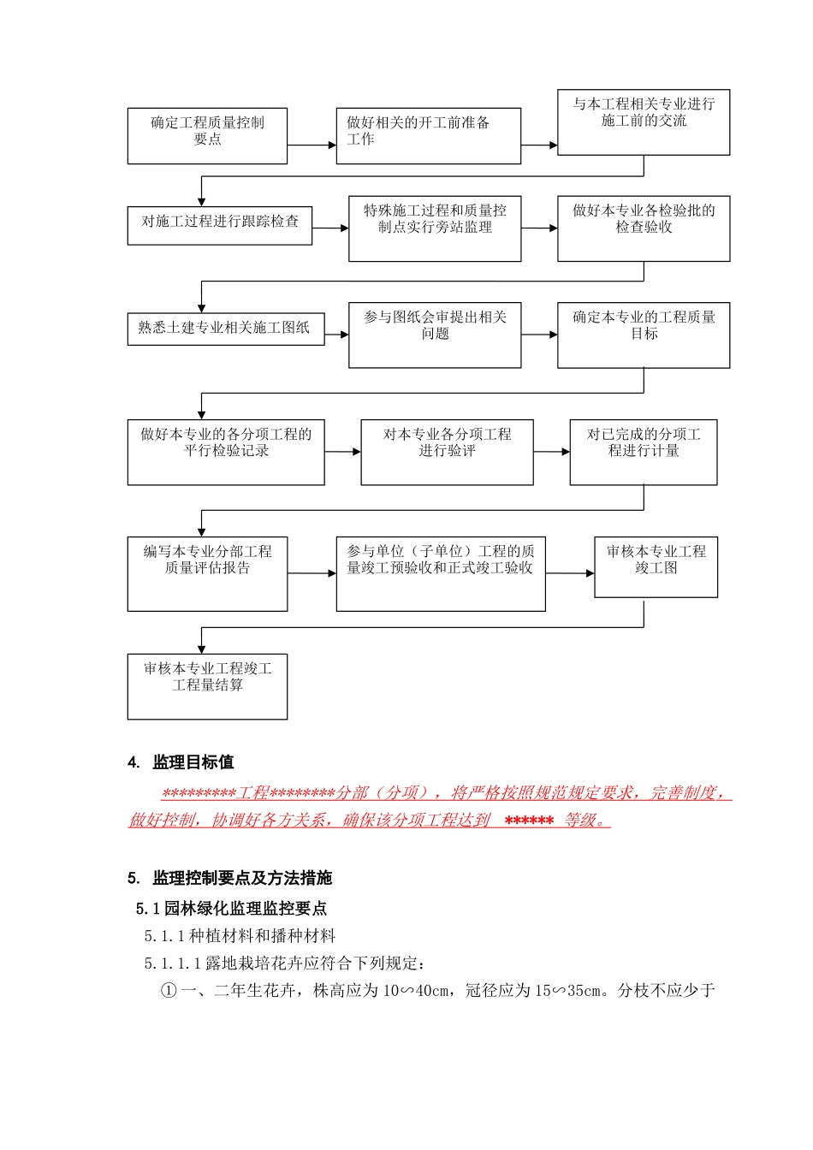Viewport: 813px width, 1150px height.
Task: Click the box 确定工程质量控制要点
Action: click(207, 135)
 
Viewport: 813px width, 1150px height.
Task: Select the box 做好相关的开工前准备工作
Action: click(428, 135)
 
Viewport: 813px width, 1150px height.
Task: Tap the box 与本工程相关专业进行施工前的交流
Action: click(644, 122)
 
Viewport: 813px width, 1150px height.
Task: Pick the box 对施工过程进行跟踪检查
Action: click(220, 225)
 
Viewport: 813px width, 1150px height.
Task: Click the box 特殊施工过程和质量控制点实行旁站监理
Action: click(435, 228)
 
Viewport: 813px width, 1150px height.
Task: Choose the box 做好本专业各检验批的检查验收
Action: click(644, 228)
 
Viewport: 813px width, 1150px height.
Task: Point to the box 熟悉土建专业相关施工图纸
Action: click(226, 329)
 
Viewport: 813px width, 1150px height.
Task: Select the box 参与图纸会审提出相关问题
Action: click(435, 335)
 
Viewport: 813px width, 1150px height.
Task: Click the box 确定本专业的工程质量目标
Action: click(644, 335)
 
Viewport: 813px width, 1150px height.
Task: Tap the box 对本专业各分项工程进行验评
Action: click(447, 452)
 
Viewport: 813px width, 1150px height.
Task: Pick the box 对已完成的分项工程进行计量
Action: click(644, 452)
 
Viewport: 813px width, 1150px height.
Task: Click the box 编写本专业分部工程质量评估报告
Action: click(207, 573)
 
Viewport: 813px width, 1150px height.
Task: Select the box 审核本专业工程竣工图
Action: click(656, 566)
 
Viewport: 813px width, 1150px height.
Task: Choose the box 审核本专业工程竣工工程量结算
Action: click(207, 686)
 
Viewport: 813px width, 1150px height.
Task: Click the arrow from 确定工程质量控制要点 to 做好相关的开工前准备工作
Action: click(312, 145)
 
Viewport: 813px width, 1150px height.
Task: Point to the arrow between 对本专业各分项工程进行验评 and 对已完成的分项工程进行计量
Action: click(552, 452)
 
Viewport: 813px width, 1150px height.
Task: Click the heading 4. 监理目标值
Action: click(181, 762)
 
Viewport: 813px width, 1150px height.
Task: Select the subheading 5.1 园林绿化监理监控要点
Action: click(231, 909)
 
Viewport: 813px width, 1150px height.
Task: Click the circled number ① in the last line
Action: click(169, 991)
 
